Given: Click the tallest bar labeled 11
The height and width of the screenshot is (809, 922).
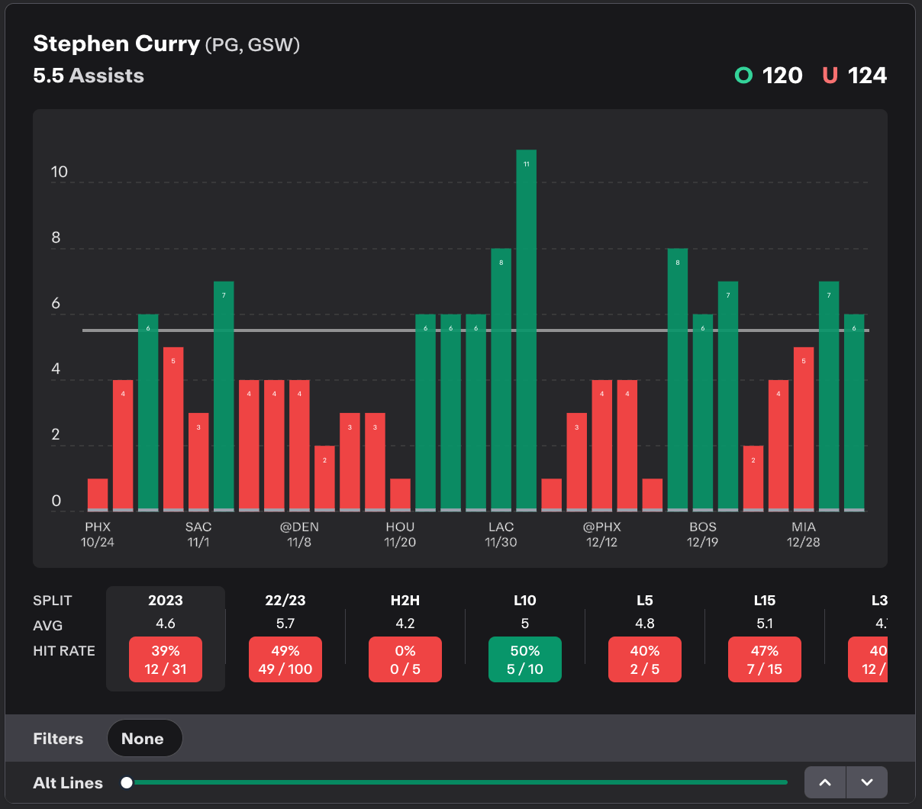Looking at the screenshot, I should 526,328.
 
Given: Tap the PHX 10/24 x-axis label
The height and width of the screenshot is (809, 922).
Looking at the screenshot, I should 98,534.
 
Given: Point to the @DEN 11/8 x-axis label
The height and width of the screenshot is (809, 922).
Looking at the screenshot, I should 299,534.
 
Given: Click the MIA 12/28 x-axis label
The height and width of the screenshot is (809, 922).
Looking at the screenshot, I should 803,534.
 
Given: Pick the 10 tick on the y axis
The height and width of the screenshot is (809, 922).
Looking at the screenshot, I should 60,172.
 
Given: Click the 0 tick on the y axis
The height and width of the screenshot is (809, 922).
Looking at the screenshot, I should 56,501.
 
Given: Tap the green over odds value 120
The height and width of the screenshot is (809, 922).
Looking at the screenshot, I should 782,76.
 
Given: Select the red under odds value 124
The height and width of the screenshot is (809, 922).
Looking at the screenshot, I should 867,76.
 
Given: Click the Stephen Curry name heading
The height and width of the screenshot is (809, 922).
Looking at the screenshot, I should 117,44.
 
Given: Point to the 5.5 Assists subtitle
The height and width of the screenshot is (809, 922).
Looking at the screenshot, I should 89,76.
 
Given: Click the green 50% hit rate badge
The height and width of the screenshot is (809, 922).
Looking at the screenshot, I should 525,659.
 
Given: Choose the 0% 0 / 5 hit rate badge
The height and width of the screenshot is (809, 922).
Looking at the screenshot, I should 405,659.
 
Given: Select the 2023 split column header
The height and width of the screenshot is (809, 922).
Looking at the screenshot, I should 166,601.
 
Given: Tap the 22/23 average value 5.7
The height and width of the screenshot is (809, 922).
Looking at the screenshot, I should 285,624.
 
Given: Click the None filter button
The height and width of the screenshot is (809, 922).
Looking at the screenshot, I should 143,739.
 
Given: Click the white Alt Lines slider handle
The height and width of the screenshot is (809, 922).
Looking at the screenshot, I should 127,782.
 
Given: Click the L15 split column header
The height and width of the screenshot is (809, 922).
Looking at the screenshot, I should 765,601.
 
